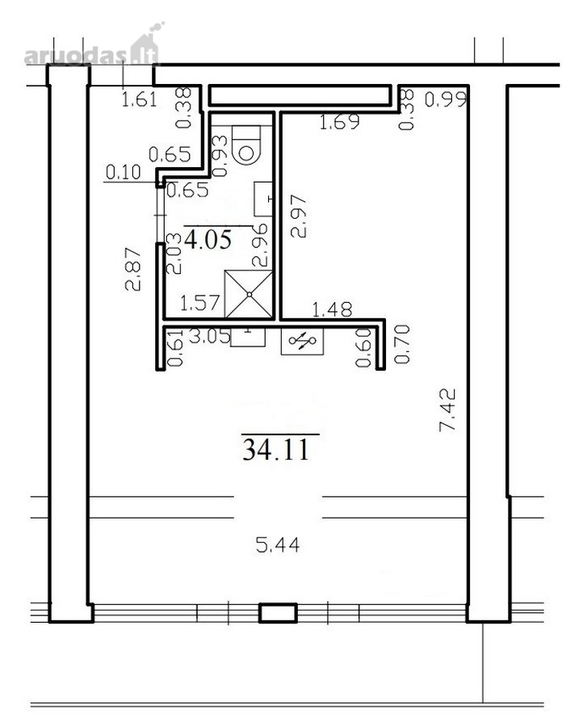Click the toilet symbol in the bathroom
(x=247, y=145)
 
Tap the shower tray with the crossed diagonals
(x=249, y=294)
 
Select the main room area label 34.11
(x=276, y=449)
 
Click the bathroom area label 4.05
(x=208, y=239)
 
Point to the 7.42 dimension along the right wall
(x=447, y=410)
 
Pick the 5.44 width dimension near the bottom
(x=278, y=544)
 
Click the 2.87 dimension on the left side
(x=132, y=269)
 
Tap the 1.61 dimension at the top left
(x=139, y=99)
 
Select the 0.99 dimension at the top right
(x=446, y=99)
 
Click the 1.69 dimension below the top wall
(x=340, y=122)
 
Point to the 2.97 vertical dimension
(x=299, y=216)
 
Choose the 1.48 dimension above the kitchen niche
(x=332, y=309)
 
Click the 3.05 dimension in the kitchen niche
(x=210, y=336)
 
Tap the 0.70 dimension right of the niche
(x=401, y=344)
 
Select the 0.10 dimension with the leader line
(x=123, y=172)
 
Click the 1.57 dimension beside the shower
(x=199, y=303)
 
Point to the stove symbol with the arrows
(x=302, y=341)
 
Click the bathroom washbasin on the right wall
(x=263, y=199)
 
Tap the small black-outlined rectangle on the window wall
(x=278, y=612)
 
